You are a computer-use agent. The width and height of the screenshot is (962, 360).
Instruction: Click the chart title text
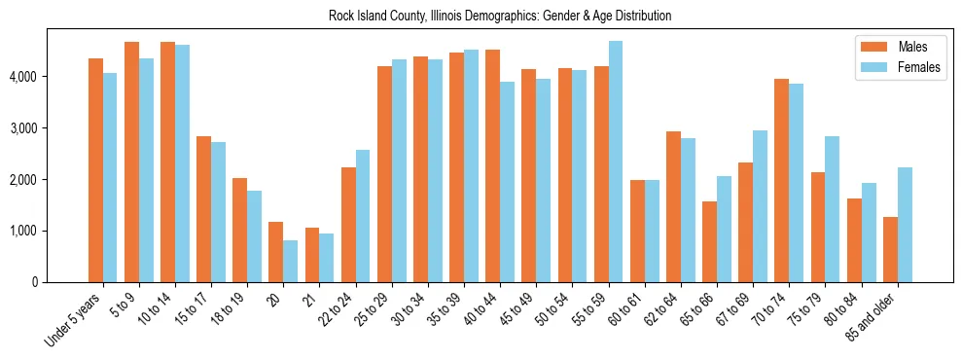tap(481, 17)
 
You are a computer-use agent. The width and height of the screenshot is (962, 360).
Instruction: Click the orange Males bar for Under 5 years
tap(95, 170)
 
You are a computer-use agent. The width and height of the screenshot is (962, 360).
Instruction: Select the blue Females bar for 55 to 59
tap(616, 162)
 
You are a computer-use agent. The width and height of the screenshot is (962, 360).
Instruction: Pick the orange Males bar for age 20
tap(275, 252)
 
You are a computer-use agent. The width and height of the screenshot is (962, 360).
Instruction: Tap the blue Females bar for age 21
tap(326, 258)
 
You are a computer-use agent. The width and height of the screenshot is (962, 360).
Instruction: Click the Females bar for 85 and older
tap(905, 225)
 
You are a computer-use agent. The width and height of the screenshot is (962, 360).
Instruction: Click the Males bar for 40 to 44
tap(492, 165)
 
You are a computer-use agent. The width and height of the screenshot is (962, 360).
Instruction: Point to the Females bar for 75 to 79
tap(833, 209)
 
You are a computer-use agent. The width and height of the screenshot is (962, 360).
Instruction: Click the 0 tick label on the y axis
tap(35, 282)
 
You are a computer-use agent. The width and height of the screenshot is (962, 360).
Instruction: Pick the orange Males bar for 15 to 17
tap(203, 209)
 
